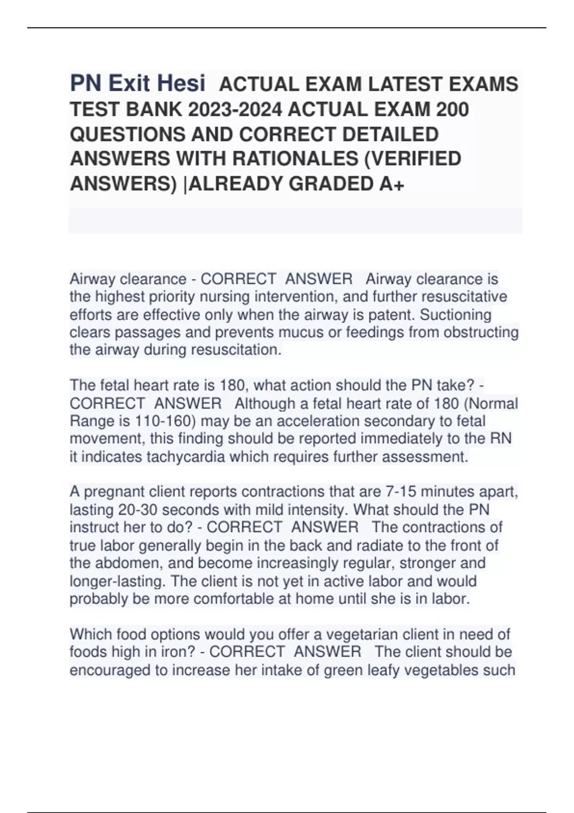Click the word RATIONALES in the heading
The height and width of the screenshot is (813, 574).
(x=292, y=159)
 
